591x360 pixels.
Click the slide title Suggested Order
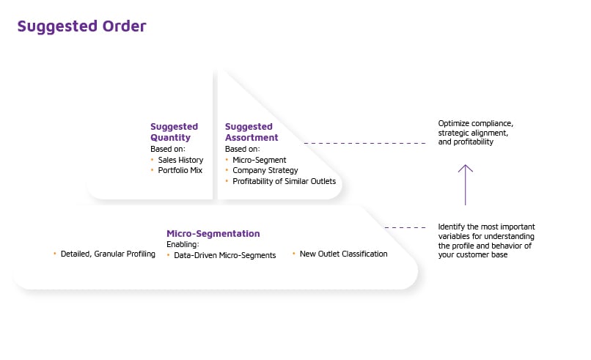pos(81,26)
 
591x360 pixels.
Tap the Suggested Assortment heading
pos(251,132)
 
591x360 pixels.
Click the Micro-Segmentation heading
pos(213,234)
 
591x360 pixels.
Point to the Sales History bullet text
pos(180,159)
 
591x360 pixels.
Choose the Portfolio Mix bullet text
pos(180,170)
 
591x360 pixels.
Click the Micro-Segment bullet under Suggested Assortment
pos(259,159)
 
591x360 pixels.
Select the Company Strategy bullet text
pos(265,170)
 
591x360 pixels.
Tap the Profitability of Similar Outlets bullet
pos(284,181)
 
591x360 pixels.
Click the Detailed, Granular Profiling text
pos(109,254)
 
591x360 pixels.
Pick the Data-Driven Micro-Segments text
pos(225,254)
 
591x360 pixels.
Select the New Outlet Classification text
pos(343,254)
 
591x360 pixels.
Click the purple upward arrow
pos(465,184)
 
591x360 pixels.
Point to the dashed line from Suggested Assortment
pos(364,143)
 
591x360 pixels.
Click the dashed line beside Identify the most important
pos(405,227)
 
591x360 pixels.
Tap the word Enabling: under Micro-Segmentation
pos(183,243)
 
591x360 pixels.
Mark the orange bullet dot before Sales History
pos(153,159)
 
